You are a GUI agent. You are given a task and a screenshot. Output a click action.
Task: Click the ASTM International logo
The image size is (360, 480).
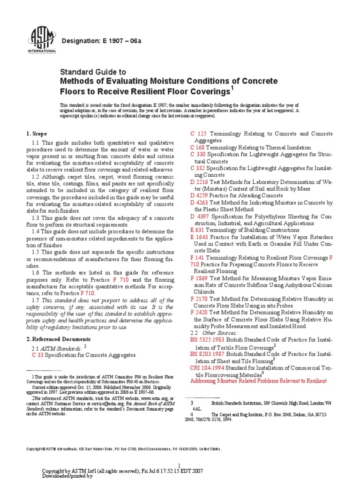(43, 40)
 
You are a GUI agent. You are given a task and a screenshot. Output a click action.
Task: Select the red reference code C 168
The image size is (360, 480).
(197, 147)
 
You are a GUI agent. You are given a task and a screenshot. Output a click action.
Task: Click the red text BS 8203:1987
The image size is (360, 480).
(207, 354)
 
